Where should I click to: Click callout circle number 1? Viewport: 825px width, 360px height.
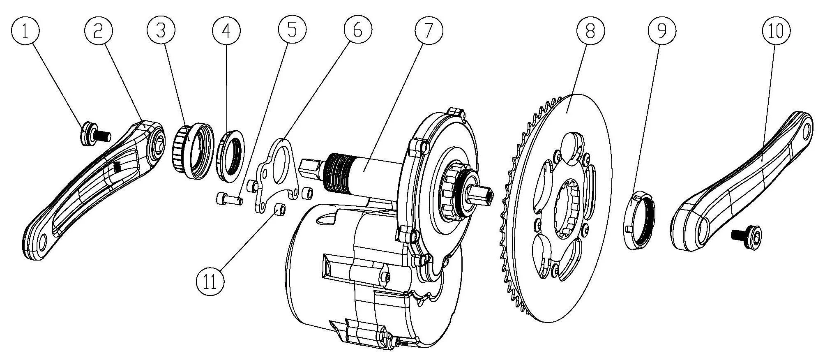(x=25, y=31)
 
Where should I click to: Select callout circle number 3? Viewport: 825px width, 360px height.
(x=161, y=31)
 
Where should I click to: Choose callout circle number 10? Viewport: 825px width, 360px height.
(x=776, y=31)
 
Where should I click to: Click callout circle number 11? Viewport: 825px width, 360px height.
(x=210, y=282)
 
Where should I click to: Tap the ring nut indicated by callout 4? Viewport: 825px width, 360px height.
(x=231, y=155)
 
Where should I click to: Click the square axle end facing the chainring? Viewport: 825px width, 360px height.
(x=481, y=195)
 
